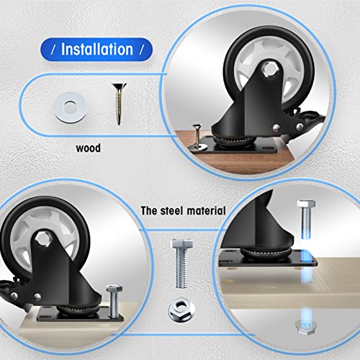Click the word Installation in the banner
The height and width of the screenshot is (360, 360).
pyautogui.click(x=97, y=49)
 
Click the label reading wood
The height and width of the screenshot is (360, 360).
pyautogui.click(x=89, y=150)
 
